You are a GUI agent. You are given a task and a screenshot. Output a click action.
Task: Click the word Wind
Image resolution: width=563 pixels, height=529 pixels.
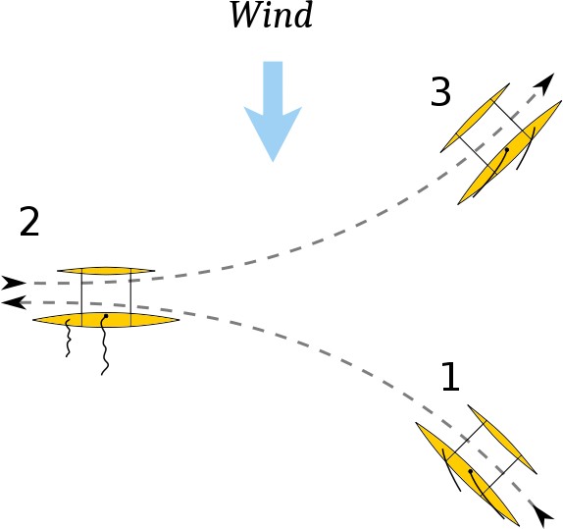pos(271,15)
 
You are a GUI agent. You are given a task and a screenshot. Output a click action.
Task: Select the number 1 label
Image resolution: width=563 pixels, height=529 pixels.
pos(450,377)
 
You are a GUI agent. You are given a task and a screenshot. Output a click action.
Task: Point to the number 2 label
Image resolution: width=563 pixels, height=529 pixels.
pos(29,222)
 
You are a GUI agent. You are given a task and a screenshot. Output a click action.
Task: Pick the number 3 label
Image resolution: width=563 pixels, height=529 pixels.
pos(440,91)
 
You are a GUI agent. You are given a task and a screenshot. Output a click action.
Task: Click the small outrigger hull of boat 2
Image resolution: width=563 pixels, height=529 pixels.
pos(106,270)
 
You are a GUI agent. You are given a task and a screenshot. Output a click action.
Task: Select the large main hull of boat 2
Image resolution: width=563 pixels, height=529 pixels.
pos(106,320)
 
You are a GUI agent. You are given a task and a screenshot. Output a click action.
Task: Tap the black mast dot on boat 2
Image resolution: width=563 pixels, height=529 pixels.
pos(106,316)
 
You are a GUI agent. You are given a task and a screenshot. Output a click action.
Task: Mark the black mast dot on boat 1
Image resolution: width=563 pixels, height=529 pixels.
pos(471,471)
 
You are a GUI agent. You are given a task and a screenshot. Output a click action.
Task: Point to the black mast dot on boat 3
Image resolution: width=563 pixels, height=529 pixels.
pos(507,149)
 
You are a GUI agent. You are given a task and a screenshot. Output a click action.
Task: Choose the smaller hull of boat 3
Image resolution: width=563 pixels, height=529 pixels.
pos(475,118)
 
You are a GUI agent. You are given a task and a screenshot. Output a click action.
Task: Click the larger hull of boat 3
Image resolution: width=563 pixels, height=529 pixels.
pos(509,153)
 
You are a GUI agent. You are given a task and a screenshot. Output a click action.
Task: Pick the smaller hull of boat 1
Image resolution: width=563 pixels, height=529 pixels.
pos(502,439)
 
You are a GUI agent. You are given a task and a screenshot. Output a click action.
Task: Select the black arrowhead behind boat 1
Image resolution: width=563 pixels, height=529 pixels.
pos(541,515)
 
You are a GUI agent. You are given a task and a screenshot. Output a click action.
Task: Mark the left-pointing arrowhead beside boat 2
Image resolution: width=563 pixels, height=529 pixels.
pos(13,302)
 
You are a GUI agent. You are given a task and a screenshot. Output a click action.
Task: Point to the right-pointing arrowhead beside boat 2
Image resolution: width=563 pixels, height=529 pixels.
pos(14,284)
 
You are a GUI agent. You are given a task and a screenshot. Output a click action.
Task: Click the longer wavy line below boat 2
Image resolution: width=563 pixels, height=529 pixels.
pos(104,345)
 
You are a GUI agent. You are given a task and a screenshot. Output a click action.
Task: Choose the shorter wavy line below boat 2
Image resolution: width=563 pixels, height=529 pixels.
pos(68,339)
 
